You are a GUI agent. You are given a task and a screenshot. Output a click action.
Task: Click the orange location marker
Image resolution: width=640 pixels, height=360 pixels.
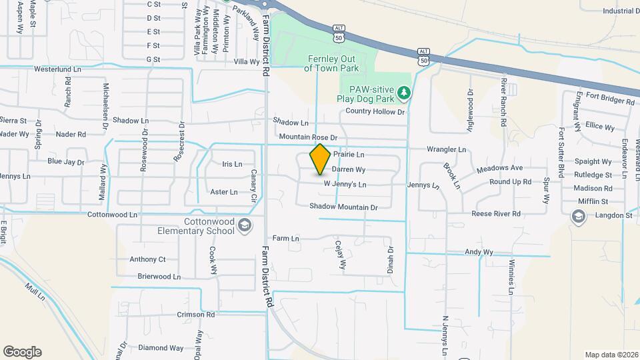tap(321, 159)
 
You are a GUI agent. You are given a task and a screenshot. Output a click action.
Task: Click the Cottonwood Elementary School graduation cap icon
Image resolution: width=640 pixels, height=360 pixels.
tap(245, 225)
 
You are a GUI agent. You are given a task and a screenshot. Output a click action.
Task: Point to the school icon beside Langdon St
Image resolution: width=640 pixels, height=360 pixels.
tap(577, 216)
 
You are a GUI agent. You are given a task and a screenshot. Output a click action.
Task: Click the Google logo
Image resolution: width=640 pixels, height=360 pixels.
tap(22, 352)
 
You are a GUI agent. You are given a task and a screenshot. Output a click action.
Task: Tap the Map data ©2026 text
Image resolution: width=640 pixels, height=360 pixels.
tap(611, 355)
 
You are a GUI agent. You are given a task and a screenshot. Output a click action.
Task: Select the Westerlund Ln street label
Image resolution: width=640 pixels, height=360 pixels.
tap(57, 69)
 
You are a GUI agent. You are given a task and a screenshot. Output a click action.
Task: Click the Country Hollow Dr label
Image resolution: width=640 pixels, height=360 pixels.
tap(375, 112)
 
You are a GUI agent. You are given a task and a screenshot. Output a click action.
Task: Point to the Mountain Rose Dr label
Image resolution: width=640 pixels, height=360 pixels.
tap(309, 137)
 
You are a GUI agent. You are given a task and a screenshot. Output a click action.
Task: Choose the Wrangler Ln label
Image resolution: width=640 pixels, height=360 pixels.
tap(447, 149)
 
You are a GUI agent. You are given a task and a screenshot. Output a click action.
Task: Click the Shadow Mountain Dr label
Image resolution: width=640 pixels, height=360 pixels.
tap(343, 207)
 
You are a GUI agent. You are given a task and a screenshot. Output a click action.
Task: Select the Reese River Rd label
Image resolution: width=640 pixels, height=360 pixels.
tap(496, 214)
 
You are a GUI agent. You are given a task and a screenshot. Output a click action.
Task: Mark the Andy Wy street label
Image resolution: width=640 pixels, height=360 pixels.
tap(479, 252)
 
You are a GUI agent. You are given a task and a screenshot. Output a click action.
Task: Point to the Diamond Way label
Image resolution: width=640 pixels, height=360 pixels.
tap(161, 348)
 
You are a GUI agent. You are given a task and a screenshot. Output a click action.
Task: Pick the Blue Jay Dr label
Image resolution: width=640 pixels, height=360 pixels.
tap(66, 162)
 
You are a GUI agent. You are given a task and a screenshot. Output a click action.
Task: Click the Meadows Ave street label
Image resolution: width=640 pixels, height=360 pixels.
tap(499, 168)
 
